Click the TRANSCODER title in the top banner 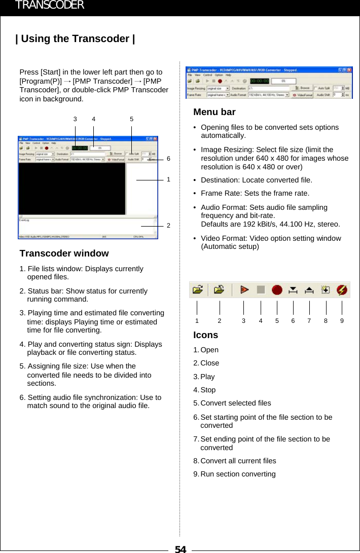pos(50,6)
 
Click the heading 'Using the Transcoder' pos(75,39)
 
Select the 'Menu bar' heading pos(214,112)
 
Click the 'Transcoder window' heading pos(64,253)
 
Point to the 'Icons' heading pos(205,335)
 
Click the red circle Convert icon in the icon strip pos(277,290)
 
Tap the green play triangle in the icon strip pos(244,290)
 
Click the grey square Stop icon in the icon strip pos(261,290)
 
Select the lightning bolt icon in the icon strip pos(342,290)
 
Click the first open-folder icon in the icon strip pos(198,290)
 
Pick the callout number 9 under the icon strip pos(342,321)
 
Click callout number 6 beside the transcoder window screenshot pos(168,159)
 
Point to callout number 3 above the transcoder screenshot pos(75,119)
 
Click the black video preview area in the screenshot pos(71,188)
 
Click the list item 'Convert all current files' pos(238,461)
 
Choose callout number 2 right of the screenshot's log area pos(168,226)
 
